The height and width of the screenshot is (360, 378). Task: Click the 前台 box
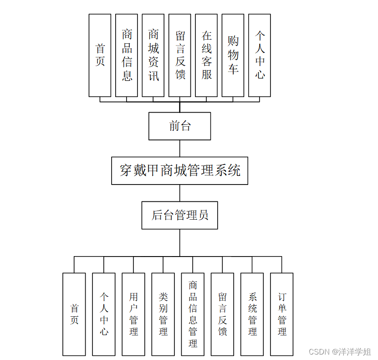click(x=179, y=126)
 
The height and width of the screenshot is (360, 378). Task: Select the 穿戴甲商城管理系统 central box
click(x=179, y=170)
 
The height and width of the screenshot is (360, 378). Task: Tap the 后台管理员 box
click(x=179, y=215)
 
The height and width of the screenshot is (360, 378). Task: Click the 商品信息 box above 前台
click(x=127, y=55)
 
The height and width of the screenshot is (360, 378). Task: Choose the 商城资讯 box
click(x=153, y=55)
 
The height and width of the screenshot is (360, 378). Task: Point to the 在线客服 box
click(x=206, y=55)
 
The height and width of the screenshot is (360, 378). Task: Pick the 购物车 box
click(x=233, y=55)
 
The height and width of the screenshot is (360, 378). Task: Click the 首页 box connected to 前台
click(x=100, y=55)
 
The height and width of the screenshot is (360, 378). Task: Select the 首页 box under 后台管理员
click(x=74, y=314)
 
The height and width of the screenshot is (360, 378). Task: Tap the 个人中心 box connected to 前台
click(x=260, y=55)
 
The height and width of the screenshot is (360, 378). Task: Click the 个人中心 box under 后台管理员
click(x=104, y=314)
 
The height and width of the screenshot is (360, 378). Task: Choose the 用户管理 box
click(x=133, y=314)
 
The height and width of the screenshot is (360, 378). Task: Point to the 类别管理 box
click(x=163, y=314)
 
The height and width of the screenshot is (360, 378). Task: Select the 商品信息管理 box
click(x=193, y=314)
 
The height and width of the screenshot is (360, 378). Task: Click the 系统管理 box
click(x=252, y=314)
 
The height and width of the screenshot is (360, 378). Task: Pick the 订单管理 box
click(x=282, y=314)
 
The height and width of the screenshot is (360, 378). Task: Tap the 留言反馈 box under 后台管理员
click(x=222, y=314)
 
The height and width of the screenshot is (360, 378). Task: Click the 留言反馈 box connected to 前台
click(x=180, y=55)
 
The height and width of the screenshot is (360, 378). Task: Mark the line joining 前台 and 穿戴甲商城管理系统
click(x=179, y=149)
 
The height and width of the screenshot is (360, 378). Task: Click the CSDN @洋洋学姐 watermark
click(x=340, y=352)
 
